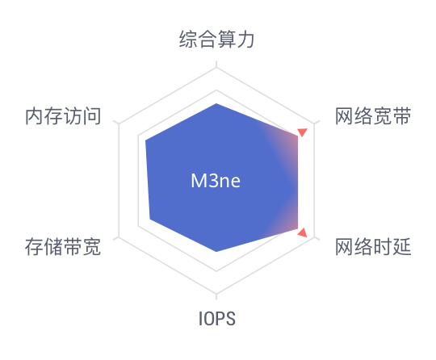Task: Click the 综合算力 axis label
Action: click(216, 40)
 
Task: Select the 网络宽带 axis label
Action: click(373, 116)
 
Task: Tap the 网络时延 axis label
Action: click(373, 246)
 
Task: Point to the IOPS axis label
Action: click(217, 318)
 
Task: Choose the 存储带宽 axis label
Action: click(63, 246)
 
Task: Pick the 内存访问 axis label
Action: click(63, 116)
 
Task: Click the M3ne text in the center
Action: click(216, 181)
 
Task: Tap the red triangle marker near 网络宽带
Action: click(302, 132)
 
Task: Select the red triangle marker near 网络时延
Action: click(303, 233)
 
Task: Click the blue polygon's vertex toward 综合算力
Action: click(216, 103)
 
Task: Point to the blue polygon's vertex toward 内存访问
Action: click(145, 140)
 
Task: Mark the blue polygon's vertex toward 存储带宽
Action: click(150, 219)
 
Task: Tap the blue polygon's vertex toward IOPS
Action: click(216, 252)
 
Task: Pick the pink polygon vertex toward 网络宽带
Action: click(298, 136)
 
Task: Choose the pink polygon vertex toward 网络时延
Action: click(298, 228)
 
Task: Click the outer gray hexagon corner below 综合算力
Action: click(216, 68)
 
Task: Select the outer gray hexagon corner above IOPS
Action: click(216, 293)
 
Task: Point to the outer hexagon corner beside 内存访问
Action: click(119, 124)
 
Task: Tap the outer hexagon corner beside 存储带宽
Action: click(119, 237)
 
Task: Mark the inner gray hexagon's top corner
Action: click(216, 90)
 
